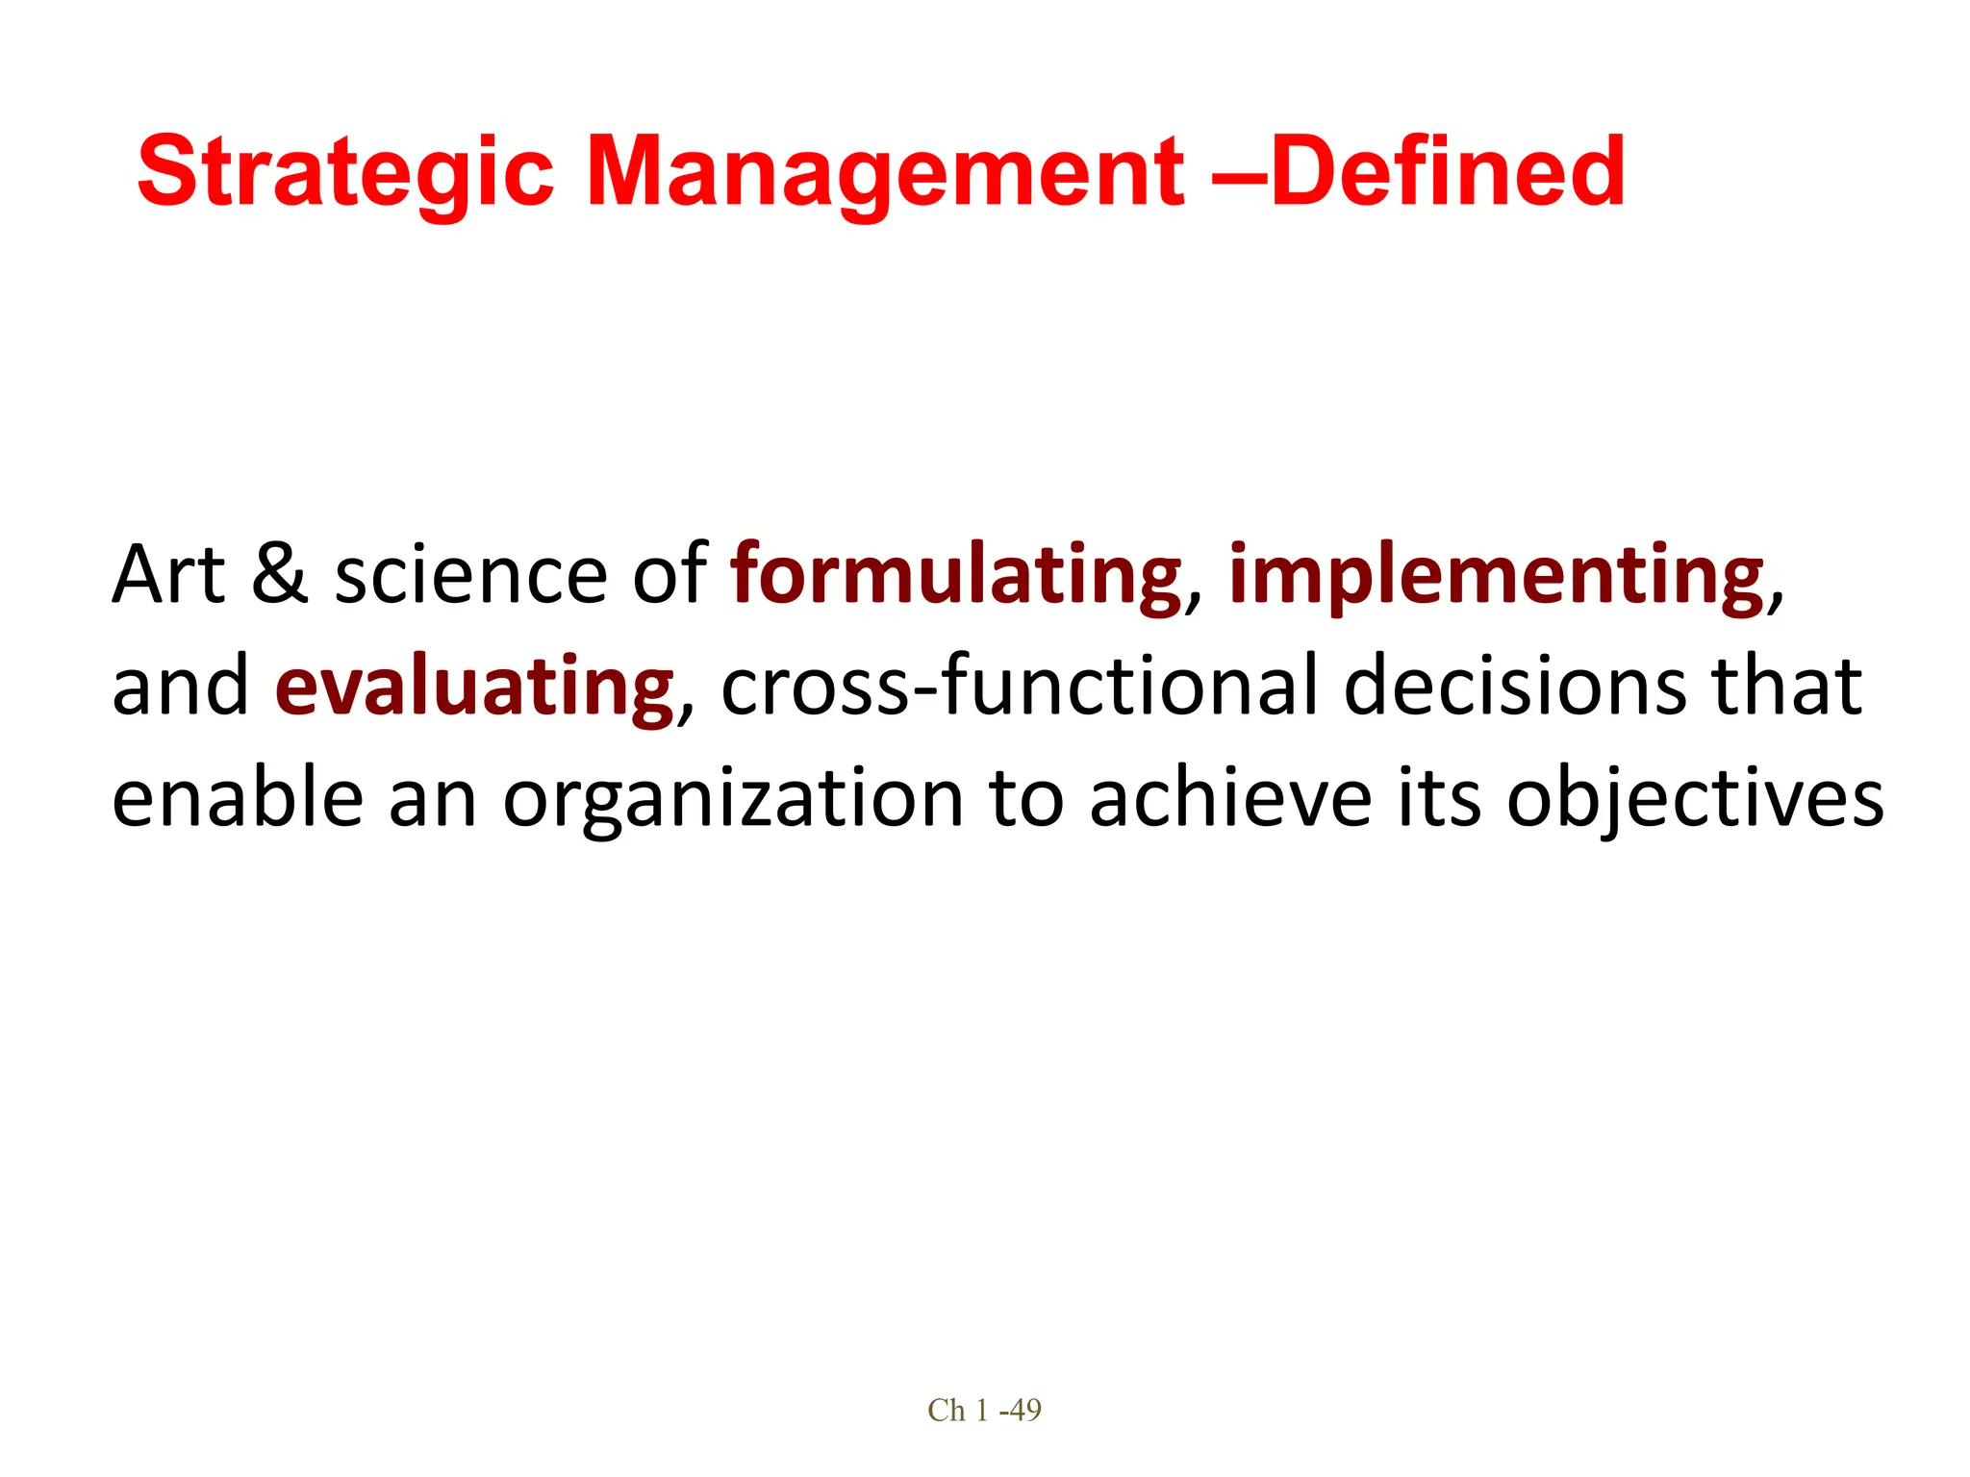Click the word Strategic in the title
click(x=345, y=172)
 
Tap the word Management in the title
click(x=884, y=172)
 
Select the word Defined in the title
click(x=1448, y=172)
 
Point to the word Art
click(x=168, y=575)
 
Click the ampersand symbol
click(x=280, y=575)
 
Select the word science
click(x=470, y=575)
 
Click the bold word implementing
click(x=1497, y=575)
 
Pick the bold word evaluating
click(x=474, y=687)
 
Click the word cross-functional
click(x=1020, y=687)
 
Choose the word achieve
click(x=1230, y=798)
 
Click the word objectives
click(x=1694, y=798)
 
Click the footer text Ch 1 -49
click(x=984, y=1410)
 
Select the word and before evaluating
click(x=180, y=687)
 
